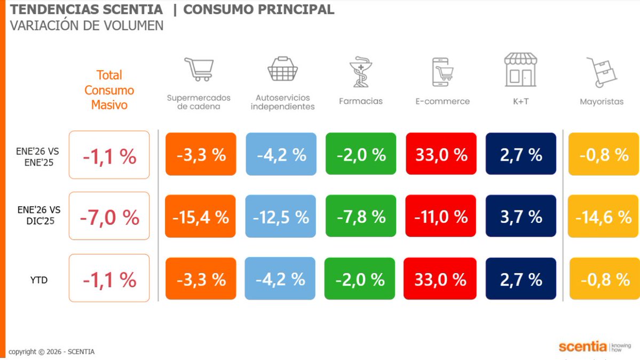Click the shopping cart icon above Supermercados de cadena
(x=199, y=69)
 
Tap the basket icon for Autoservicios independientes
(x=282, y=69)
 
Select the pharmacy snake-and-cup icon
(x=360, y=72)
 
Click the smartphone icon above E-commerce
(x=442, y=72)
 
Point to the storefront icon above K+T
(x=520, y=69)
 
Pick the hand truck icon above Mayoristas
(x=601, y=72)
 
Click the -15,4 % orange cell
(x=201, y=216)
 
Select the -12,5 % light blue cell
(x=281, y=216)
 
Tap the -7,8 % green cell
(x=361, y=216)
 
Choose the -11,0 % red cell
(x=440, y=216)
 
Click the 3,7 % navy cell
(x=521, y=216)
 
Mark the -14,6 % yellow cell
(x=603, y=216)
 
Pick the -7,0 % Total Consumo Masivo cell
(x=109, y=216)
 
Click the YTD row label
(x=38, y=279)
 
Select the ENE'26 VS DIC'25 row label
(x=38, y=216)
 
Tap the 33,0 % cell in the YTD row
(x=439, y=279)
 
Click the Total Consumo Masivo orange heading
(x=109, y=90)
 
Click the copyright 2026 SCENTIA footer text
(x=52, y=351)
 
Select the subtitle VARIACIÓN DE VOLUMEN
(x=86, y=26)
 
